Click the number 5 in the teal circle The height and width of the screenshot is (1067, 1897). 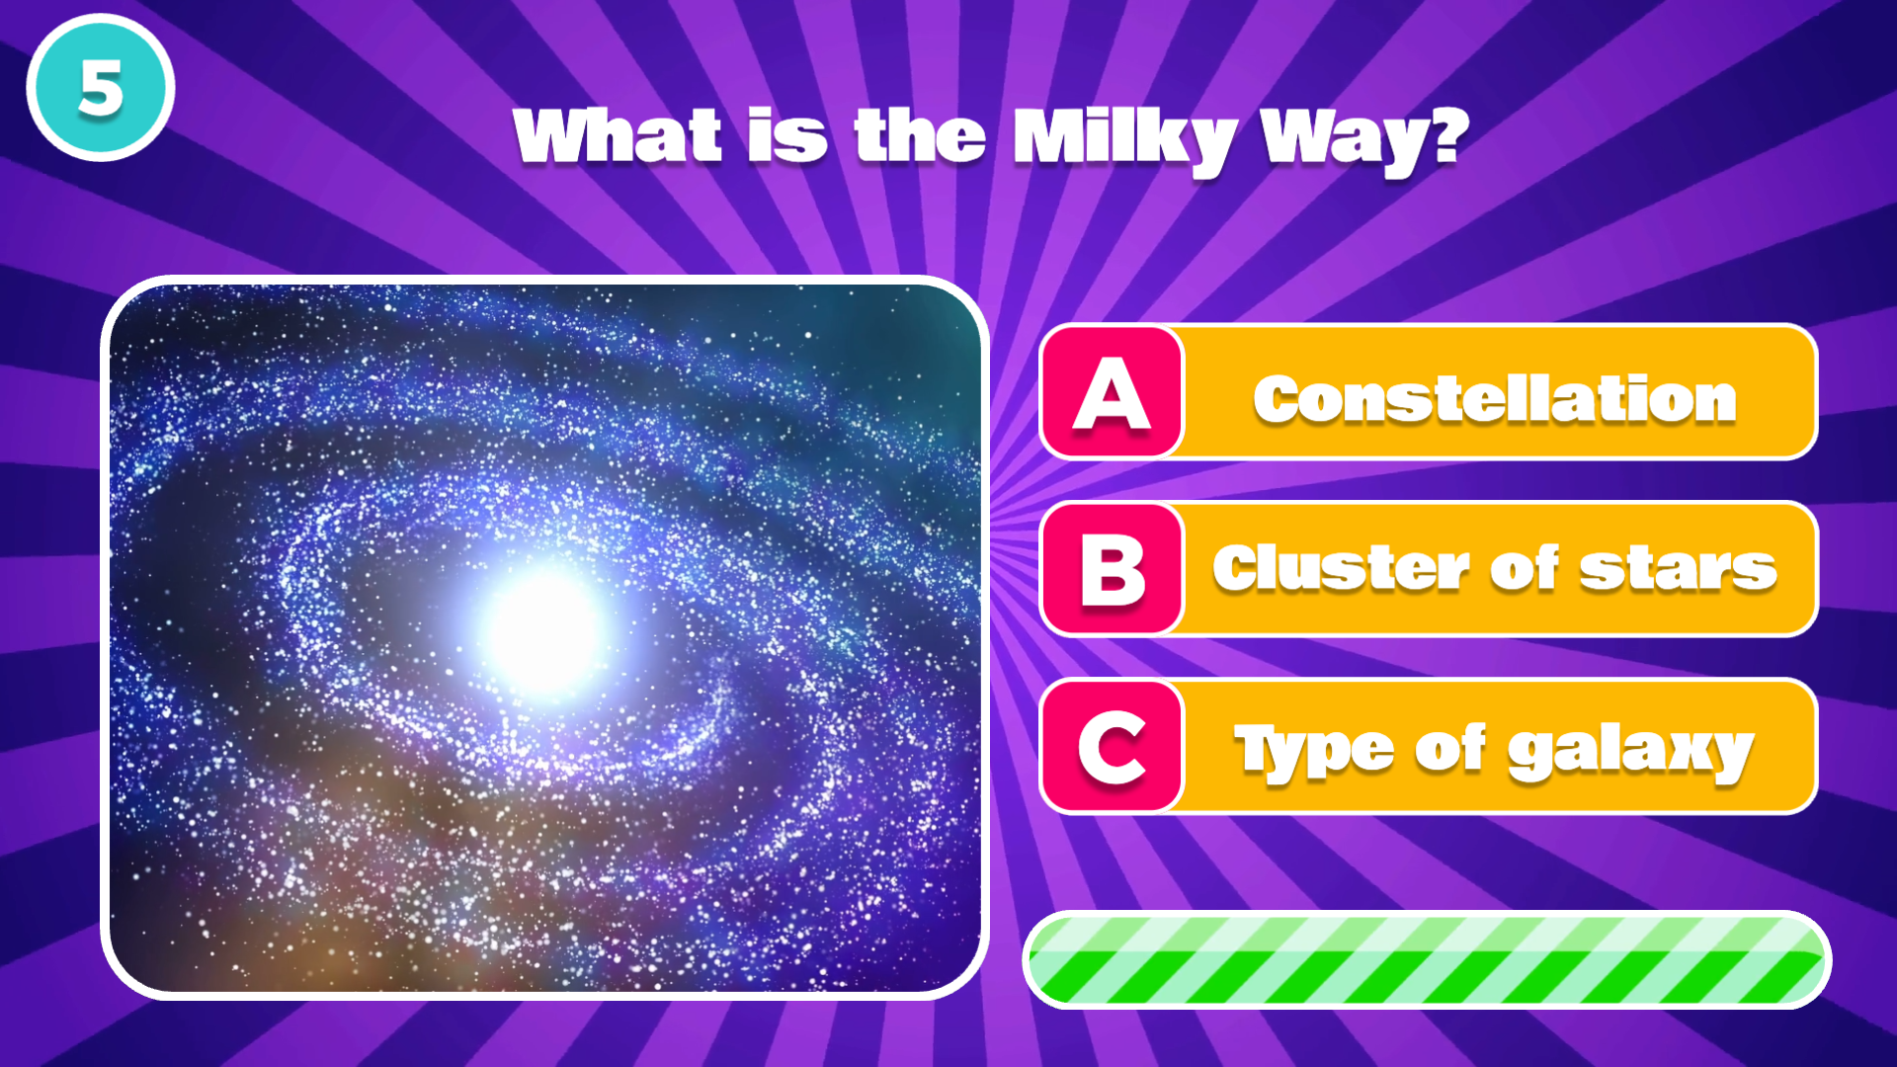pyautogui.click(x=101, y=88)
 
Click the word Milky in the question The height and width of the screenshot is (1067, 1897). pyautogui.click(x=1125, y=141)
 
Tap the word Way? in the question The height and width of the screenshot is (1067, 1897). pyautogui.click(x=1364, y=141)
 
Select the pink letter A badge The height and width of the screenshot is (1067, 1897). pyautogui.click(x=1113, y=392)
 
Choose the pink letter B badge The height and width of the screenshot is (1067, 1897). pyautogui.click(x=1113, y=569)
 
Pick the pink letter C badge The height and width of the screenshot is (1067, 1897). pyautogui.click(x=1113, y=747)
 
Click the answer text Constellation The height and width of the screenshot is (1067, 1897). pyautogui.click(x=1495, y=398)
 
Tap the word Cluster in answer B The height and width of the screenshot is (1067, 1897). pyautogui.click(x=1343, y=568)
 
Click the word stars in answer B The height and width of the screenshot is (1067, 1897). pyautogui.click(x=1678, y=570)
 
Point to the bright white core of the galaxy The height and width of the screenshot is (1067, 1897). pyautogui.click(x=544, y=630)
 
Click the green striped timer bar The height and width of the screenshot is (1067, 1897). pyautogui.click(x=1427, y=959)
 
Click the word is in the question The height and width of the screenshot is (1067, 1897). pyautogui.click(x=786, y=135)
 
